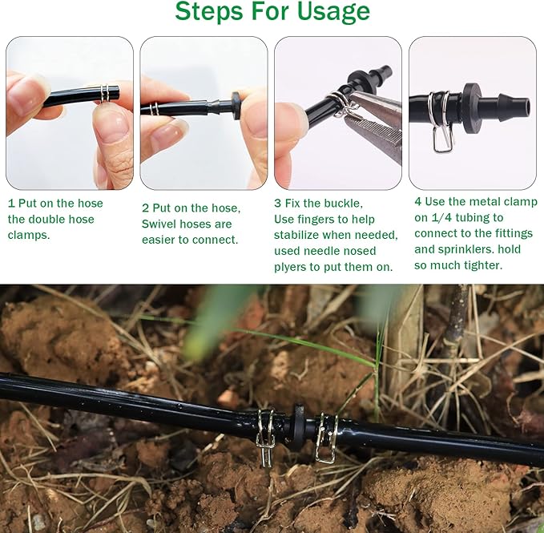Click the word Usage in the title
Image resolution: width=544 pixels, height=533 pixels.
click(x=324, y=12)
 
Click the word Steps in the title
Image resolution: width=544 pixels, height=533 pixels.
click(x=207, y=12)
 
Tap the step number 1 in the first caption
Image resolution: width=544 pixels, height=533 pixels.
click(x=11, y=204)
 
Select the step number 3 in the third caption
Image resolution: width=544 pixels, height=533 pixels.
click(x=278, y=203)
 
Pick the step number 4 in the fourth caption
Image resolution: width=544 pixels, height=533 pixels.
click(x=418, y=202)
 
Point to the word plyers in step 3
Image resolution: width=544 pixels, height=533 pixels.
click(x=292, y=267)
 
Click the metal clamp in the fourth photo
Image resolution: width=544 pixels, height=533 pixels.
click(x=441, y=120)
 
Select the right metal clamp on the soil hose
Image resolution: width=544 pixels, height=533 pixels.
click(x=326, y=437)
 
